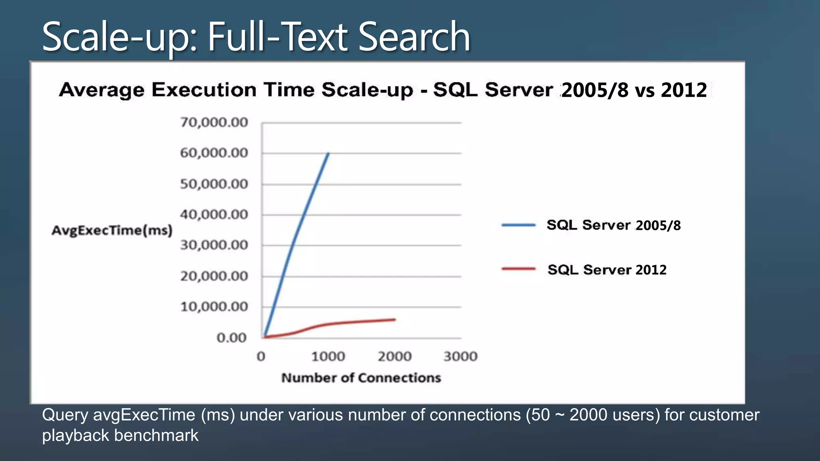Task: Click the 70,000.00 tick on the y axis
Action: tap(214, 122)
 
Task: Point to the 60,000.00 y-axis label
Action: tap(214, 153)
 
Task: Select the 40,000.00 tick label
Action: tap(214, 215)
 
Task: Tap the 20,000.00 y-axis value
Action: tap(214, 276)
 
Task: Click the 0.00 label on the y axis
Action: tap(231, 338)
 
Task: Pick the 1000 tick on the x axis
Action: tap(328, 356)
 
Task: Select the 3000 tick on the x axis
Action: tap(460, 356)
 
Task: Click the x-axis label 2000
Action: tap(394, 356)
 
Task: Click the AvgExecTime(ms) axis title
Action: tap(112, 230)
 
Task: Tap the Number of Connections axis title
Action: tap(361, 378)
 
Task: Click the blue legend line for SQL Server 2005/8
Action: tap(519, 225)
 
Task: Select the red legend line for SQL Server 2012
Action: tap(519, 269)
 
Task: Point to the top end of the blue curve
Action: tap(328, 153)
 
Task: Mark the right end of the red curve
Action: tap(395, 319)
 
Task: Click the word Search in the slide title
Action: tap(414, 37)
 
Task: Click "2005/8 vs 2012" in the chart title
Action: tap(634, 90)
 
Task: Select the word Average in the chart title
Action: tap(102, 90)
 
